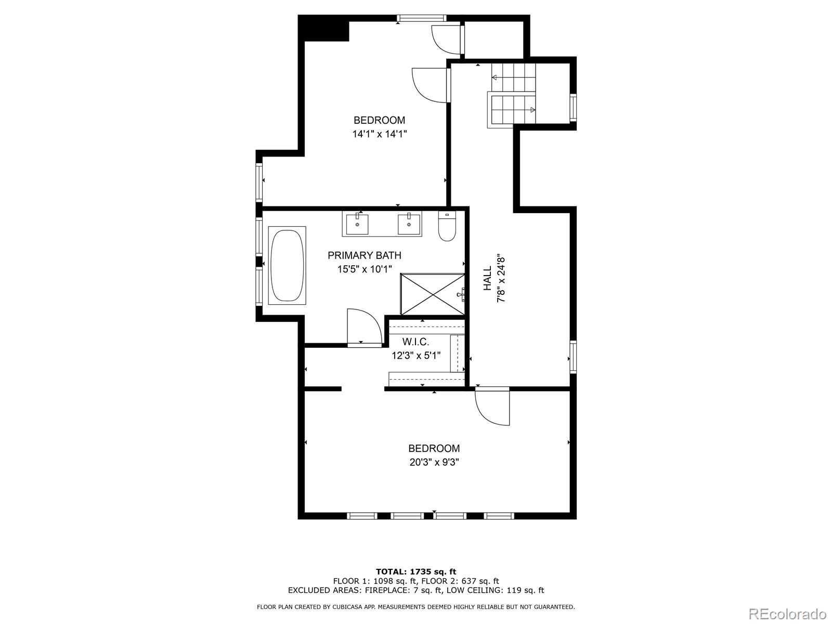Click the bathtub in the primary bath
pos(287,265)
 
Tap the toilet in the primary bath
pos(447,227)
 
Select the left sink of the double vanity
pos(358,224)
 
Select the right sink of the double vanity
pos(409,224)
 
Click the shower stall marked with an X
pos(432,294)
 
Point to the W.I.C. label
pos(415,342)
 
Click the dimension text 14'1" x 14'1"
pos(379,134)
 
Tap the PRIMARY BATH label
pos(364,255)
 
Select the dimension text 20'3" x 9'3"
pos(434,462)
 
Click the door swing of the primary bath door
pos(364,327)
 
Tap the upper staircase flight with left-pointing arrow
pos(514,77)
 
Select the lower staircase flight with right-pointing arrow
pos(512,110)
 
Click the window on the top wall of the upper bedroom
pos(422,18)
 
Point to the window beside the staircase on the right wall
pos(573,107)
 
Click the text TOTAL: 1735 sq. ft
pos(416,571)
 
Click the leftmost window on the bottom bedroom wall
pos(362,516)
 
